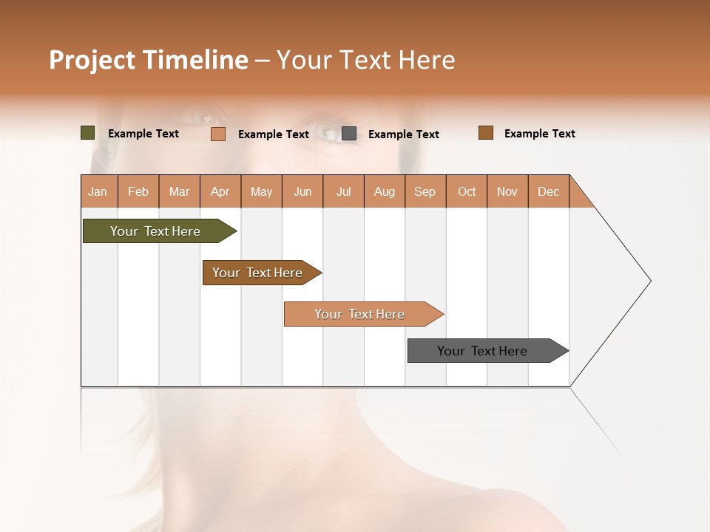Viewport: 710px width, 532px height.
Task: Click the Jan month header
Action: [x=98, y=192]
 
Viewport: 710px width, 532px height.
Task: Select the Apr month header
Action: [x=220, y=192]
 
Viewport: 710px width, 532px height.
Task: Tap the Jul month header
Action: [x=344, y=192]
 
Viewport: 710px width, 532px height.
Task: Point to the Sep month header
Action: [x=425, y=192]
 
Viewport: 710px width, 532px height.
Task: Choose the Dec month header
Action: [x=548, y=192]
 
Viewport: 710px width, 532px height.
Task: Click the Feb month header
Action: [x=138, y=192]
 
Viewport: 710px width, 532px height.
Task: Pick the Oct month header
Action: [x=467, y=192]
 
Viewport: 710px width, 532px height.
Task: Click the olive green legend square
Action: [x=88, y=133]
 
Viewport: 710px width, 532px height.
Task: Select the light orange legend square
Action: [x=218, y=134]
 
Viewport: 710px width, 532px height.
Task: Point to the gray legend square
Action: [x=349, y=134]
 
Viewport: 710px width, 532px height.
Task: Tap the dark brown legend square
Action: [x=486, y=133]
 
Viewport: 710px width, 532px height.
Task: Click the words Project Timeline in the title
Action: [x=149, y=60]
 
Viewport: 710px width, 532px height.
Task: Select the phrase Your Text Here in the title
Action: [x=365, y=60]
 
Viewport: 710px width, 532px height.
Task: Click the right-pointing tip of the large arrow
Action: [x=649, y=281]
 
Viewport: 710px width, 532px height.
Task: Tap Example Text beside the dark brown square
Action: [x=539, y=134]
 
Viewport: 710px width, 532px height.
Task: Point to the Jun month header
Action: [x=302, y=192]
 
